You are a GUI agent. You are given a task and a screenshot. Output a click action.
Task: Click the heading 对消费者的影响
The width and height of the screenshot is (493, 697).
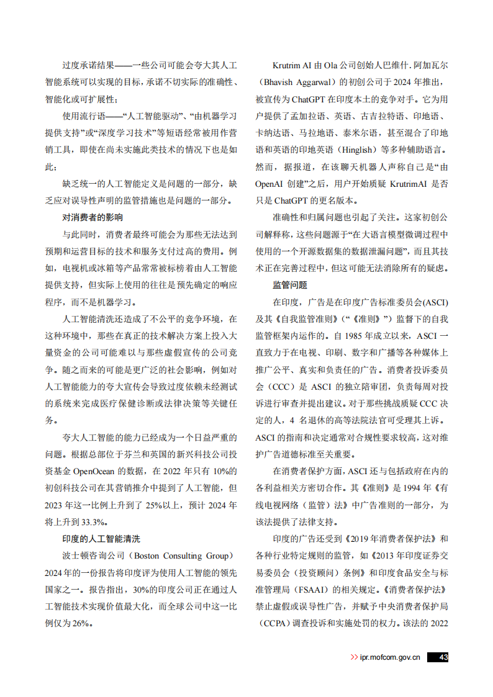tap(93, 217)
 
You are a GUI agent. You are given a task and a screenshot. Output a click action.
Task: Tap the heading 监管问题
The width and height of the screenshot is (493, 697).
tap(290, 285)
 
